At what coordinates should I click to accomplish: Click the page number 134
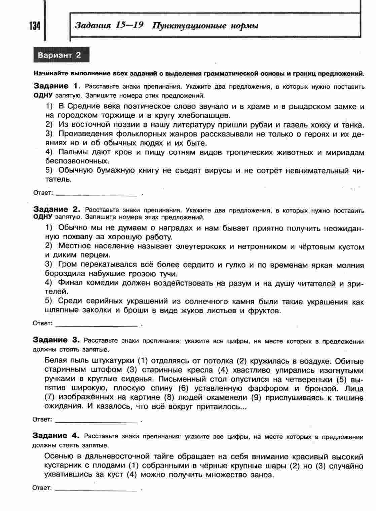[x=34, y=26]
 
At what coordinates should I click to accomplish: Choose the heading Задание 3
[x=56, y=340]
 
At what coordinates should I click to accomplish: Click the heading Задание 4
[x=56, y=436]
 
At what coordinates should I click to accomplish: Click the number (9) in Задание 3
[x=257, y=398]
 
